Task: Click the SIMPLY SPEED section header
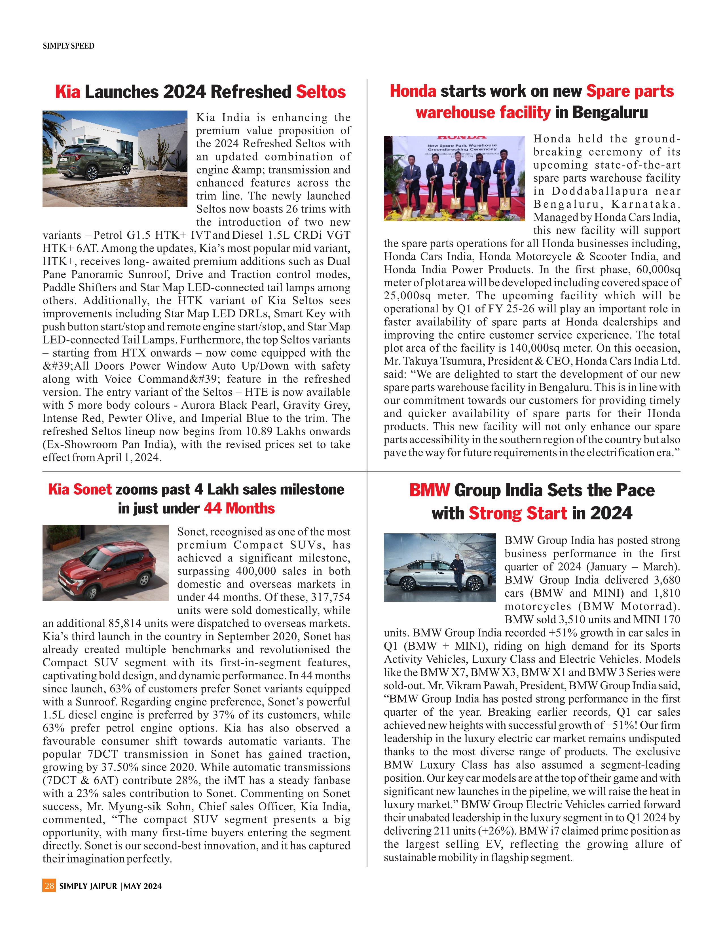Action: pyautogui.click(x=69, y=46)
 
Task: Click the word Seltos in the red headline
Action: pyautogui.click(x=321, y=92)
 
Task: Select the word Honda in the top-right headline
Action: pyautogui.click(x=413, y=91)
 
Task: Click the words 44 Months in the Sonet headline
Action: pyautogui.click(x=239, y=509)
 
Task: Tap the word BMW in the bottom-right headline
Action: pyautogui.click(x=429, y=491)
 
